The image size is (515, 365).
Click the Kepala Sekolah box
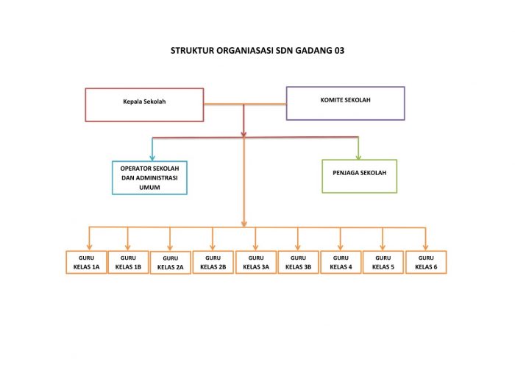(x=144, y=104)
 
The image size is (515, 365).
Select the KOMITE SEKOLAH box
(x=345, y=103)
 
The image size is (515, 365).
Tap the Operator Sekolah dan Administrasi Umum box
(x=149, y=177)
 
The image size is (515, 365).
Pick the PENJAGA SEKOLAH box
(x=359, y=177)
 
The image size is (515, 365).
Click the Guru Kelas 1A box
(x=85, y=263)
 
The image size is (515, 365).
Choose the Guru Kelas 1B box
(x=128, y=263)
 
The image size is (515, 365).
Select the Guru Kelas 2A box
(x=171, y=263)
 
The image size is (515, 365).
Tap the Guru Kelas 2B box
(x=213, y=263)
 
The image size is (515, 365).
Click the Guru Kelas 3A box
(x=255, y=263)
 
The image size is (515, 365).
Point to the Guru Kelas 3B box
(x=298, y=263)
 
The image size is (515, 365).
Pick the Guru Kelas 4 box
(x=341, y=263)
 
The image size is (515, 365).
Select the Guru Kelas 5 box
(x=383, y=263)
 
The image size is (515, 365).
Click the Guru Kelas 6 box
(x=426, y=263)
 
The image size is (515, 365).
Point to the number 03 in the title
(x=337, y=52)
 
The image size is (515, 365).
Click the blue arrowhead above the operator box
(x=152, y=157)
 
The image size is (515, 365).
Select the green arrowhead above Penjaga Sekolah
(x=358, y=155)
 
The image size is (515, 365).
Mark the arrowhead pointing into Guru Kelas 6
(x=426, y=247)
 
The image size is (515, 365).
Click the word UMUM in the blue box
(x=149, y=188)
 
